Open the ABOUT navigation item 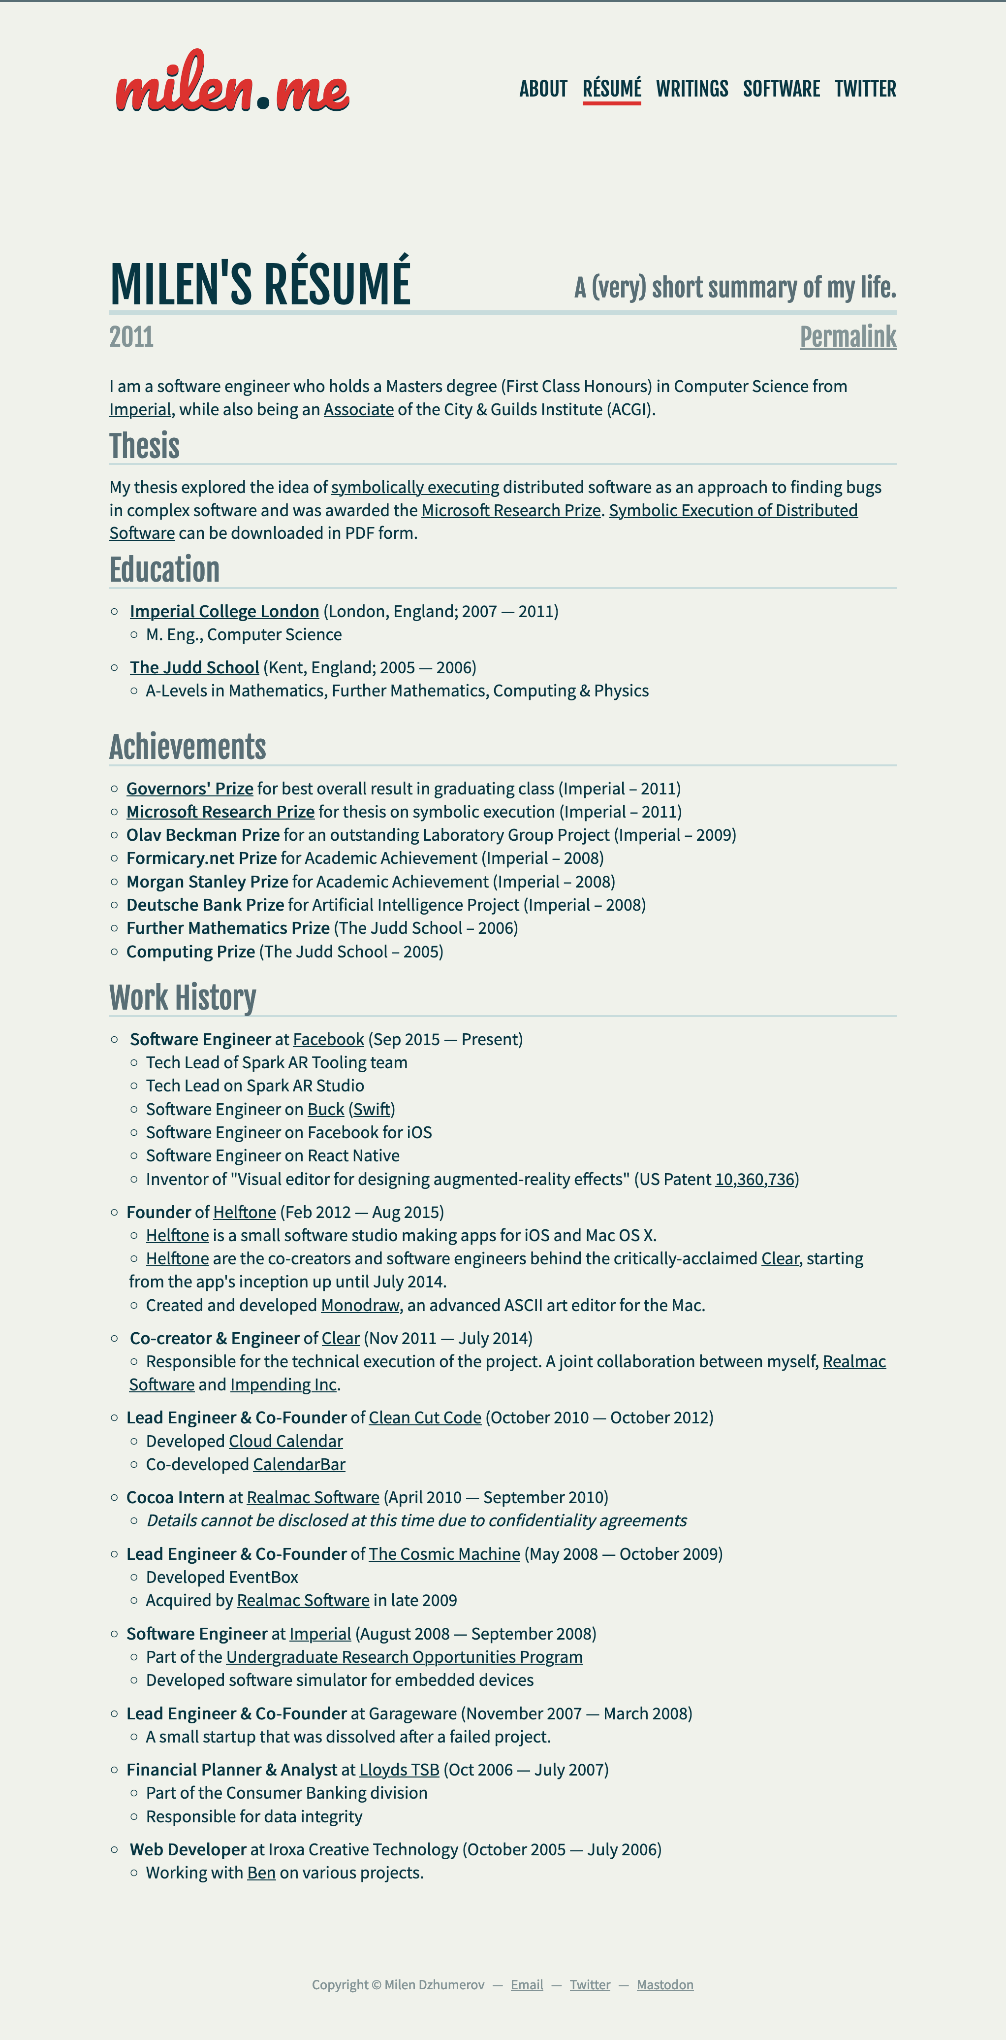tap(543, 89)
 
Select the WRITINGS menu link tap(692, 89)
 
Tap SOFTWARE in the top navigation tap(781, 89)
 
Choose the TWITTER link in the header tap(865, 89)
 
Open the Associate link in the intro tap(359, 409)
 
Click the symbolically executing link tap(415, 487)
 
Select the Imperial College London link tap(224, 611)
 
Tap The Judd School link tap(194, 667)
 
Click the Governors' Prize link tap(190, 789)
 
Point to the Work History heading tap(183, 998)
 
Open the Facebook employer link tap(328, 1039)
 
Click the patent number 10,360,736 tap(754, 1179)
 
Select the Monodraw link tap(360, 1305)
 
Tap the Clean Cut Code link tap(425, 1417)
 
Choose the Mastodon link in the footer tap(665, 1984)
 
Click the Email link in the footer tap(526, 1984)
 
